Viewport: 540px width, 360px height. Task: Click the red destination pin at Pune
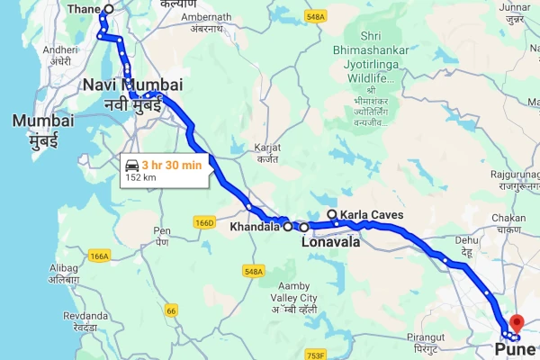[516, 322]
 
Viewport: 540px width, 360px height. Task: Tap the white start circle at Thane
[108, 10]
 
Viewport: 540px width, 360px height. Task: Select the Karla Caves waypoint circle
[331, 214]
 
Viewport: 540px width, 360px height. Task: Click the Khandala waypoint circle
[288, 228]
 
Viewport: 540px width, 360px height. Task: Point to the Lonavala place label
[329, 242]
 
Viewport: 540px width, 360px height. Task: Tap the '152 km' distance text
[140, 177]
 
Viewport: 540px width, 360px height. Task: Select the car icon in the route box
[131, 166]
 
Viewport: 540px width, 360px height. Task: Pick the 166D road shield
[204, 222]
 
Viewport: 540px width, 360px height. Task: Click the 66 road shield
[171, 310]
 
